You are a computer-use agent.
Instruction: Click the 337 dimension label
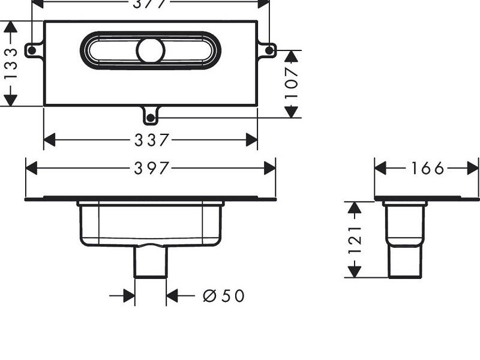[150, 140]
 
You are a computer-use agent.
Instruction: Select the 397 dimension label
[150, 169]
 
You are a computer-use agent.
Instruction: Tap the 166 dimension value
[427, 169]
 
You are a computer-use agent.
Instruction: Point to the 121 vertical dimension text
[355, 240]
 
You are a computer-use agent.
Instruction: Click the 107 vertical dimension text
[292, 84]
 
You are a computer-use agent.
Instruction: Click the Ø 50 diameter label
[224, 295]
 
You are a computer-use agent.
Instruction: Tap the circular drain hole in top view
[149, 50]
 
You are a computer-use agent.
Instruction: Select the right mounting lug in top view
[268, 49]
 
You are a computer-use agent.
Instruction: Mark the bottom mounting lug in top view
[151, 112]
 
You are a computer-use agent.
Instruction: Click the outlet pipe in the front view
[149, 263]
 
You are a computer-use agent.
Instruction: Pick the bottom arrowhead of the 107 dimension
[292, 112]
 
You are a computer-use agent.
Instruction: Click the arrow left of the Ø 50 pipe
[128, 295]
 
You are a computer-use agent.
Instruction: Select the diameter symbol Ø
[209, 295]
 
